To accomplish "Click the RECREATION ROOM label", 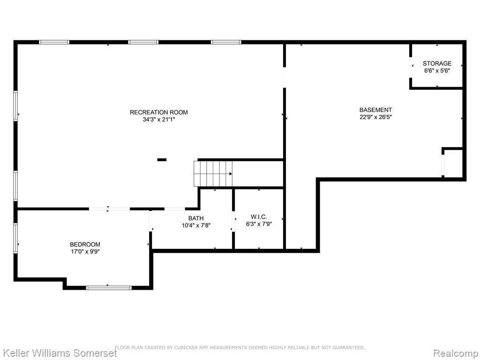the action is point(158,112).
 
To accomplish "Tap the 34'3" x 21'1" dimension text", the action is point(159,120).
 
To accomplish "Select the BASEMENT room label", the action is point(375,110).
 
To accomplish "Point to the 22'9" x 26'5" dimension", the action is point(375,117).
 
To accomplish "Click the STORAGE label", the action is point(437,63).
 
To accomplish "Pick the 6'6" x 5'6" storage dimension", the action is point(437,70).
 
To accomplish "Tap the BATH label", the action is point(196,218).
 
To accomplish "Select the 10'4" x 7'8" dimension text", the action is point(196,225).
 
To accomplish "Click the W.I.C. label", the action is point(259,217).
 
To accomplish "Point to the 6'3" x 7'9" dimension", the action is point(259,224).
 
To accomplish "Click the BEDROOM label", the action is point(85,244).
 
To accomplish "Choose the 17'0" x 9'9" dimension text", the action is point(85,251).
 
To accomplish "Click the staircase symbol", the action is point(213,173).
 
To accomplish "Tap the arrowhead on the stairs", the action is point(231,174).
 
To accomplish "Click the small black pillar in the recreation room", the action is point(162,159).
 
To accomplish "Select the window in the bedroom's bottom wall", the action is point(109,287).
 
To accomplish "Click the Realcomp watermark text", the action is point(455,353).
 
